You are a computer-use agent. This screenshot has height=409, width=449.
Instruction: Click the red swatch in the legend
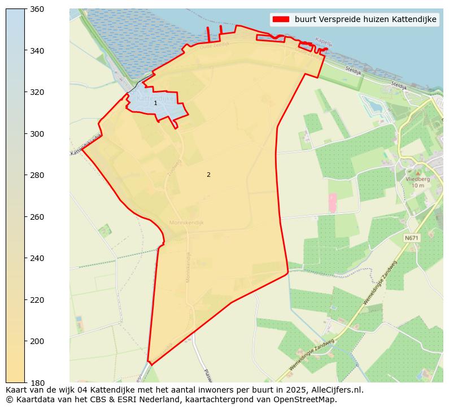coord(281,19)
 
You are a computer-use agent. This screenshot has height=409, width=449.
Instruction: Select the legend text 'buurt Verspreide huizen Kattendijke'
coord(365,19)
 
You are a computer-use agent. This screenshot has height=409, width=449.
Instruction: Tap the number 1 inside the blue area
coord(155,103)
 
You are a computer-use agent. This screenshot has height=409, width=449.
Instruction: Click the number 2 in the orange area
coord(208,175)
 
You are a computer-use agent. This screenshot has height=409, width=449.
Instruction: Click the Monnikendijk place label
coord(186,223)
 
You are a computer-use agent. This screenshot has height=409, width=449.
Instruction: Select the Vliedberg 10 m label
coord(418,182)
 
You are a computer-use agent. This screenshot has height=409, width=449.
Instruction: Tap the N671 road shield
coord(412,238)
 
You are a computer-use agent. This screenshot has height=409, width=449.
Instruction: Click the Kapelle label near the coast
coord(324,41)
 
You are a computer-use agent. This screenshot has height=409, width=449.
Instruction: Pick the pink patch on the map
coord(332,203)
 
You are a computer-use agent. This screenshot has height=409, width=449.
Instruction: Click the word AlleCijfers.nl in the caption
coord(335,390)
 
